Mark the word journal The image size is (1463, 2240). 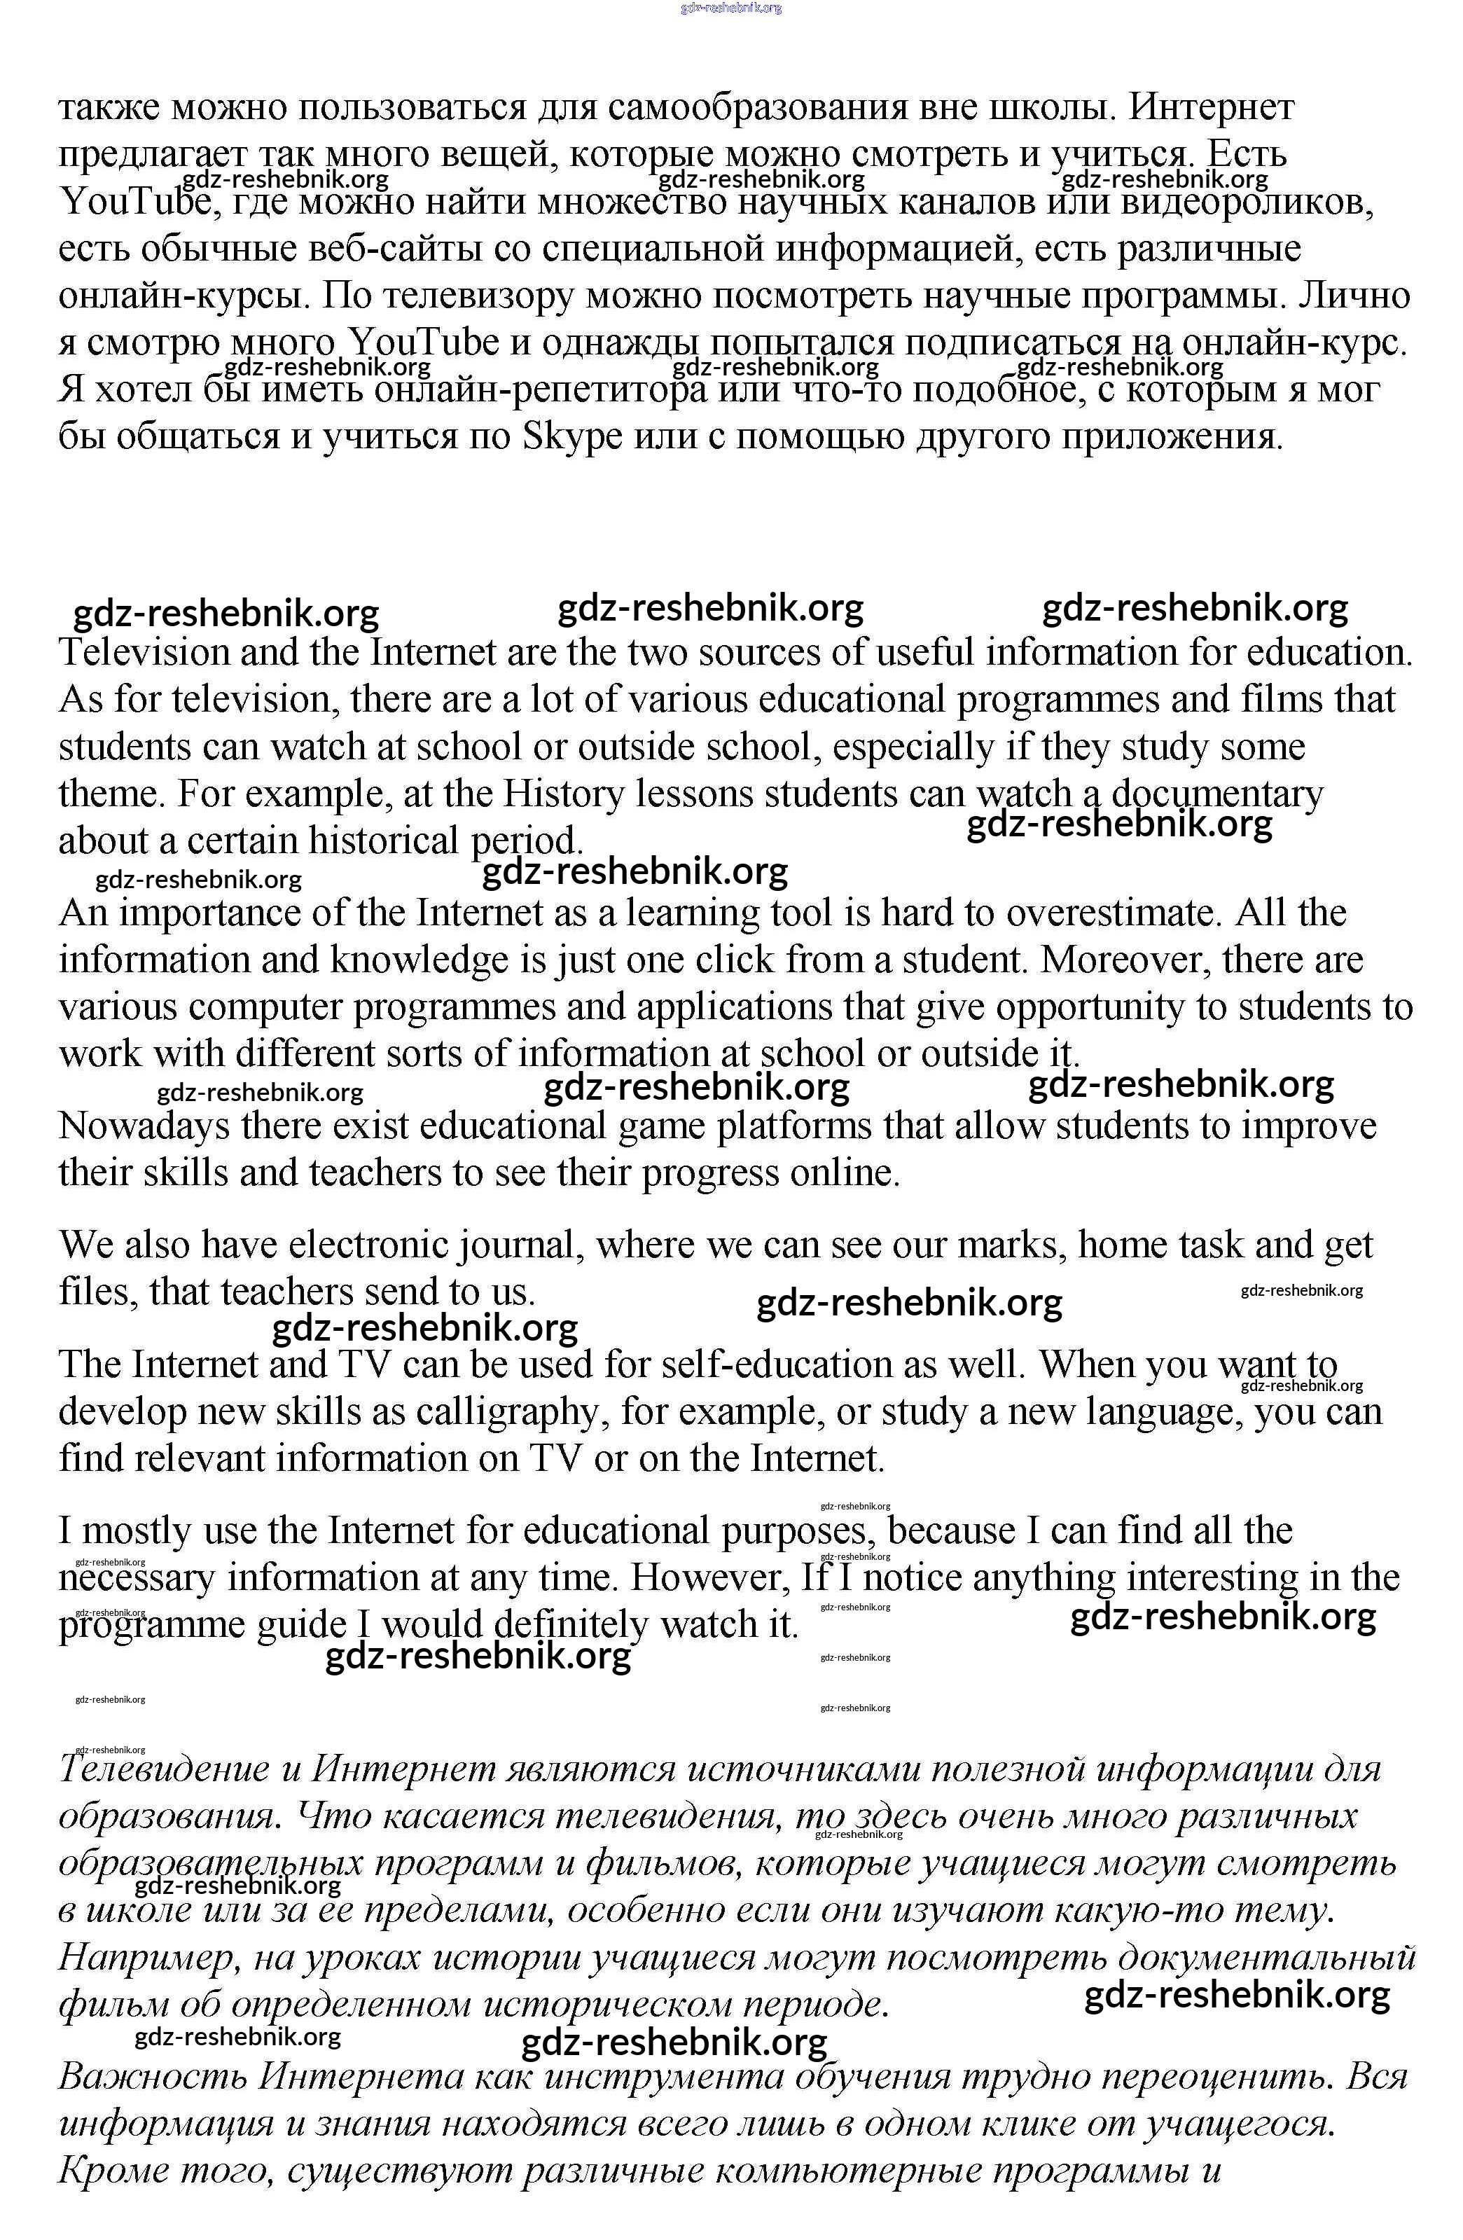pos(518,1245)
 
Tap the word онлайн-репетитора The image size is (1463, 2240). pos(540,389)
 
